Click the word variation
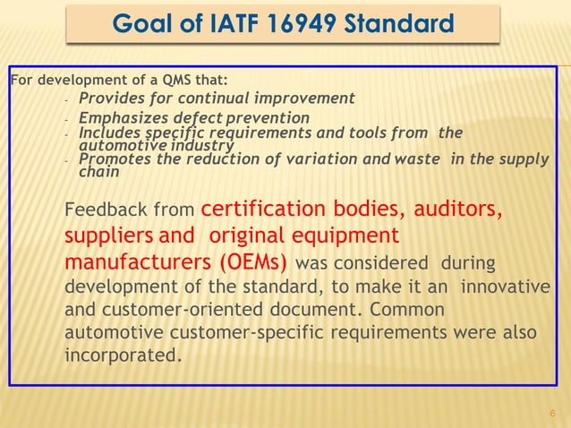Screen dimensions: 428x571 pos(345,160)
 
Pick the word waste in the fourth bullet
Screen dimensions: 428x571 pos(435,160)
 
